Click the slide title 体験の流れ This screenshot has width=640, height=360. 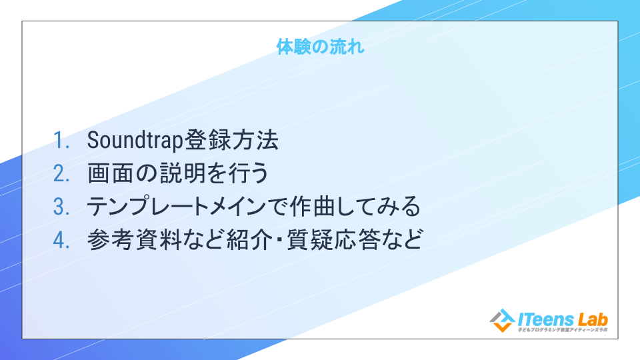tap(320, 47)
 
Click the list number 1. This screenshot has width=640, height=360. tap(61, 141)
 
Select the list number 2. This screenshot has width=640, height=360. tap(61, 173)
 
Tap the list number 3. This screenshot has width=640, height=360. tap(61, 207)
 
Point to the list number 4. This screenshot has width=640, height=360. tap(61, 239)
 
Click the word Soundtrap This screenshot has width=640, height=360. tap(135, 141)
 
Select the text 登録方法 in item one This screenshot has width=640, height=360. tap(231, 140)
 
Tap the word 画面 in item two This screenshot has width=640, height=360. tap(111, 173)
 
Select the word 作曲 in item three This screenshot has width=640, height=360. tap(313, 206)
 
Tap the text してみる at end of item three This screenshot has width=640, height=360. tap(379, 207)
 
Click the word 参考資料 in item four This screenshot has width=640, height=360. tap(134, 239)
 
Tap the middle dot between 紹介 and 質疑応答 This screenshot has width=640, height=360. tap(280, 239)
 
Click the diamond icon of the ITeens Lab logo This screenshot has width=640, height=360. tap(502, 321)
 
